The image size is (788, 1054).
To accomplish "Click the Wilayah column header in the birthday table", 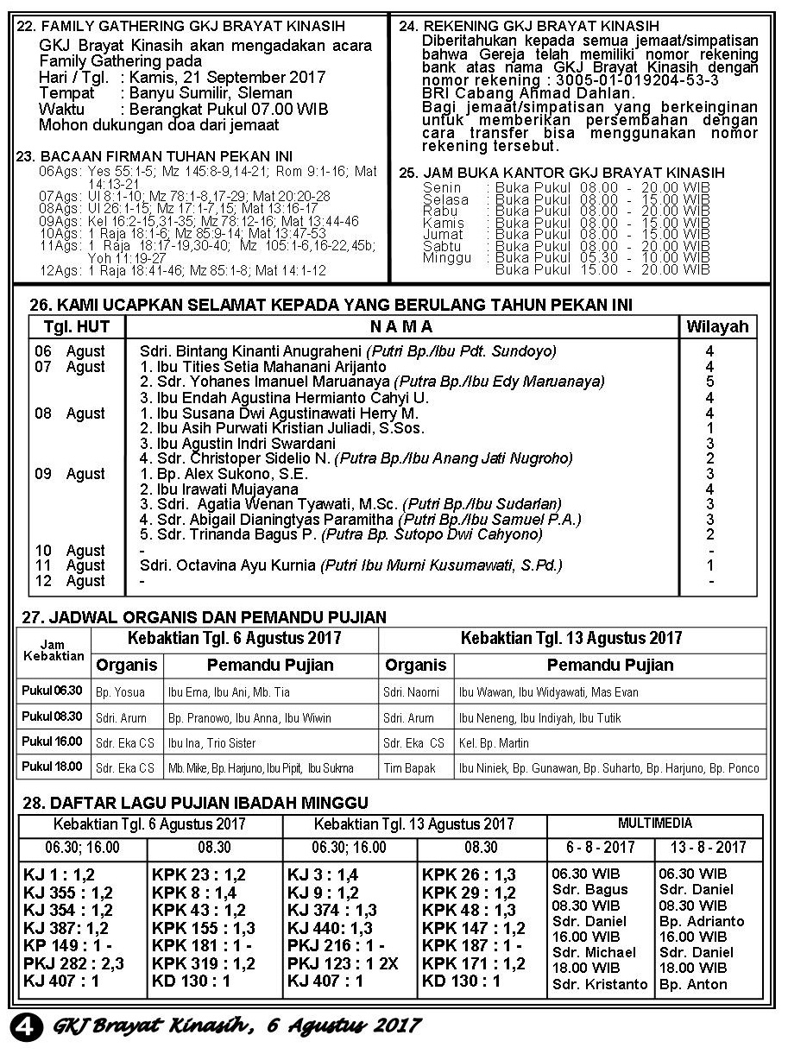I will [716, 327].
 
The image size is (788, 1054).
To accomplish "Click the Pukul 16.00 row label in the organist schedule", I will [53, 742].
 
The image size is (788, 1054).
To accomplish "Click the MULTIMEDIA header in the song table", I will [654, 824].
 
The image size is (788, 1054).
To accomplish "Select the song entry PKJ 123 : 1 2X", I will [343, 963].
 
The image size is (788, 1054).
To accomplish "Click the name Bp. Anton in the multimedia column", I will [693, 984].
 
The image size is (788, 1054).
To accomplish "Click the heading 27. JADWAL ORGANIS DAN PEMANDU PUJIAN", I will [203, 617].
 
